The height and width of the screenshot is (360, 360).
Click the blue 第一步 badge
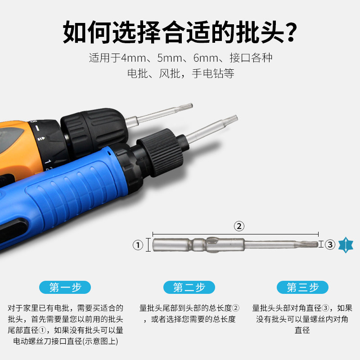(65, 287)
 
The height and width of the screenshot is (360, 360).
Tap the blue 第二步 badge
(189, 287)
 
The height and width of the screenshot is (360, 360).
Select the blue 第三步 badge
(302, 287)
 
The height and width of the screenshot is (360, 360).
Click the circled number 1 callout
(138, 245)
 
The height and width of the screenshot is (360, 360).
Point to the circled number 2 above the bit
(239, 226)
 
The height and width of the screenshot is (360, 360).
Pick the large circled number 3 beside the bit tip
(330, 245)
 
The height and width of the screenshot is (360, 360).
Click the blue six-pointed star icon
(346, 245)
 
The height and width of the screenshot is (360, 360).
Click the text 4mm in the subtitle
(133, 58)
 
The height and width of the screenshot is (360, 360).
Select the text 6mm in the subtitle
(206, 58)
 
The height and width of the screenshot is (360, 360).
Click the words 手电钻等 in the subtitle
(213, 74)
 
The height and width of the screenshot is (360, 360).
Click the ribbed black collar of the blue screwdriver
(160, 152)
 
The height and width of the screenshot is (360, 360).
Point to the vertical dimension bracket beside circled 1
(148, 245)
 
